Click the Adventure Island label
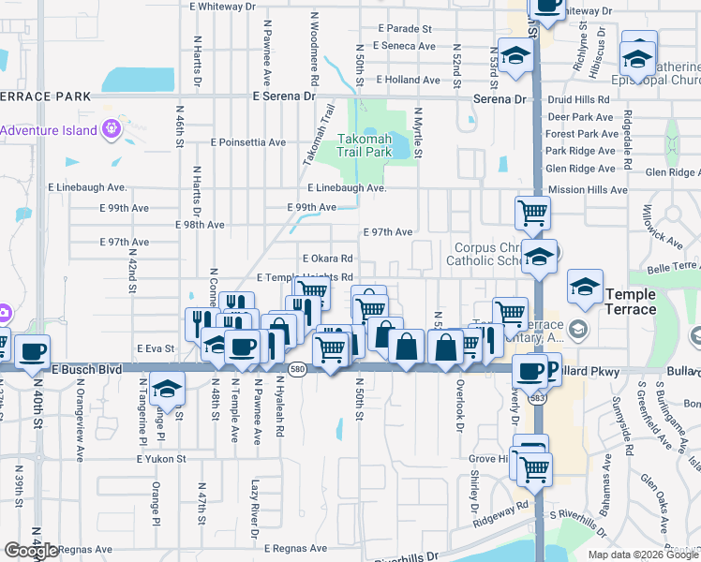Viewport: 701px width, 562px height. (x=49, y=130)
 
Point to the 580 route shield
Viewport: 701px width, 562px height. (x=295, y=370)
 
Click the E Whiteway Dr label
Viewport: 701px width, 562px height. (x=222, y=6)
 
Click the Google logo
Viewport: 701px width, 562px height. (x=31, y=551)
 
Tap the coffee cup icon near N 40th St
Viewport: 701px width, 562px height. (x=33, y=351)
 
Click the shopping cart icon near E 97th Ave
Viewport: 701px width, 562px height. (x=532, y=213)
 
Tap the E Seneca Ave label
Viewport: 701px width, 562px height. (x=404, y=46)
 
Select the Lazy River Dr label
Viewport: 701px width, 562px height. (x=254, y=510)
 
